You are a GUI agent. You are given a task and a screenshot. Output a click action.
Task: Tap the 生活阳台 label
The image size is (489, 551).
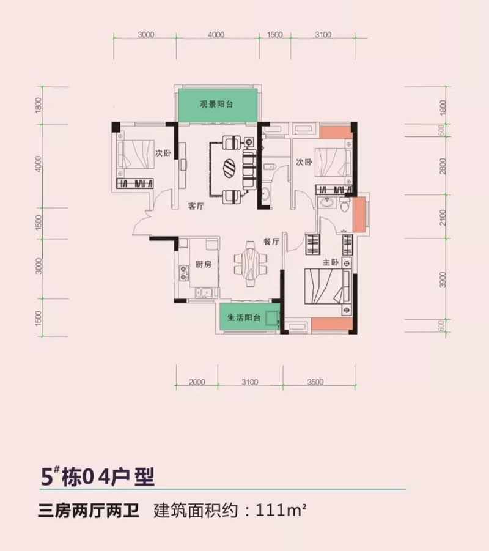pyautogui.click(x=244, y=318)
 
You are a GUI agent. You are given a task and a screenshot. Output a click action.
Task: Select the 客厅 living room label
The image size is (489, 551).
pyautogui.click(x=196, y=207)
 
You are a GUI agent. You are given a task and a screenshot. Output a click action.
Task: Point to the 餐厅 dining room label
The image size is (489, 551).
pyautogui.click(x=271, y=242)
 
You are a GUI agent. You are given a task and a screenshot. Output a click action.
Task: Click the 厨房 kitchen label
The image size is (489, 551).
pyautogui.click(x=204, y=265)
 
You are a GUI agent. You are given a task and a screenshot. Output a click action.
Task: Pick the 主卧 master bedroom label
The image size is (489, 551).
pyautogui.click(x=330, y=262)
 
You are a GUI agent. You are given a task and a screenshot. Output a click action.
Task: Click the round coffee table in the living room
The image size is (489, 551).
pyautogui.click(x=231, y=166)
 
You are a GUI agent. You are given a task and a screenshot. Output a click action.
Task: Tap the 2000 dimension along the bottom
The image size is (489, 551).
pyautogui.click(x=197, y=382)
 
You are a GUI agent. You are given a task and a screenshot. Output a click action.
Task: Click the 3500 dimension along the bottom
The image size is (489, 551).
pyautogui.click(x=315, y=382)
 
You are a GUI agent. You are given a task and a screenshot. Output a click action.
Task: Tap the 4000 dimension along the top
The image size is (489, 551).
pyautogui.click(x=216, y=35)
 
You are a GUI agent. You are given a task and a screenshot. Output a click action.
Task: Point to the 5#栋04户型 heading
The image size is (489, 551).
pyautogui.click(x=98, y=475)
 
